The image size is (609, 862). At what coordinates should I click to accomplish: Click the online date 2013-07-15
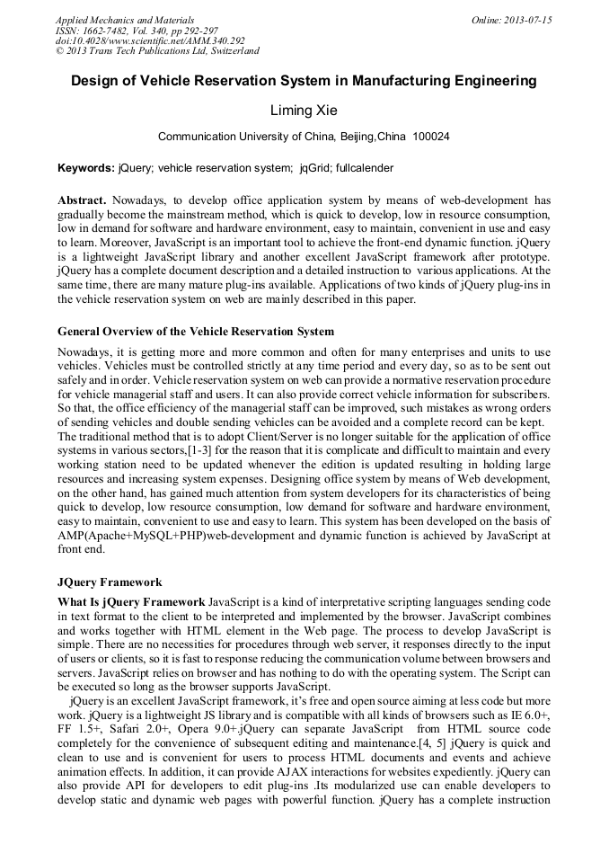(527, 20)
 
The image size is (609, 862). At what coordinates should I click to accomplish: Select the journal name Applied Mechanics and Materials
(125, 20)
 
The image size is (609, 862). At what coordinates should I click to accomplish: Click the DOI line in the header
(150, 40)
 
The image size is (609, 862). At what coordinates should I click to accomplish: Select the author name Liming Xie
(304, 111)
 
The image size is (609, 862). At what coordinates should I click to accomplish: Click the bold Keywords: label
(86, 168)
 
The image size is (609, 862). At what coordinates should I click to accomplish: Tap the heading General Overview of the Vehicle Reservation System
(196, 332)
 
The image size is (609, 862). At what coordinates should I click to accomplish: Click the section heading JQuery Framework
(110, 582)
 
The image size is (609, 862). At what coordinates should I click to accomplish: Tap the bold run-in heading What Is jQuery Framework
(131, 600)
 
